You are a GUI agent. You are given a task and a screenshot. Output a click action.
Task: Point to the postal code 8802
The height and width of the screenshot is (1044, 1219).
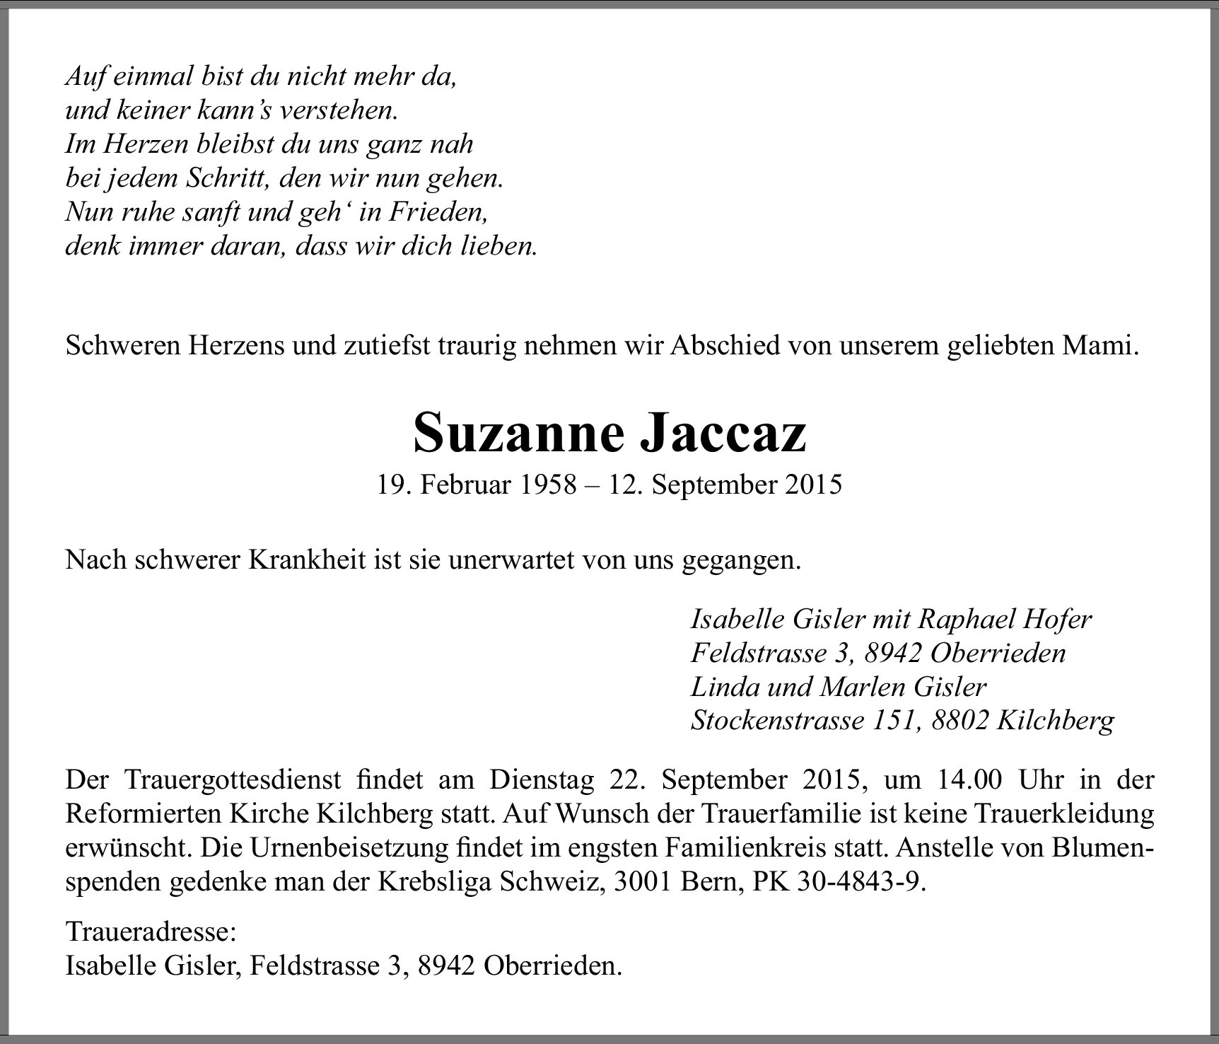click(x=960, y=720)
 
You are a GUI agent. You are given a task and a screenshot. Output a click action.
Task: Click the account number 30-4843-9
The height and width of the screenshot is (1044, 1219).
click(x=861, y=882)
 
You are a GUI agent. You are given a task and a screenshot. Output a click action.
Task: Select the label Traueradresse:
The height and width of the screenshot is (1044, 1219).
click(x=151, y=932)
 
